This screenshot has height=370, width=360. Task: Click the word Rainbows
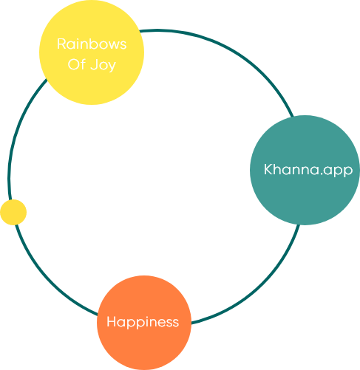point(92,44)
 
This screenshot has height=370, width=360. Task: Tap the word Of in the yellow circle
point(77,64)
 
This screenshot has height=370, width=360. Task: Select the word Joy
point(103,66)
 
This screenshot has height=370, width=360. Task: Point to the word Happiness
point(143,322)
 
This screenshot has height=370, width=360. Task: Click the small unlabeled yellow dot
point(13,212)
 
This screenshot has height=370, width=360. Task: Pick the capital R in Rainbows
point(61,44)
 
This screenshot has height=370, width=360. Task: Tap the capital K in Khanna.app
point(268,169)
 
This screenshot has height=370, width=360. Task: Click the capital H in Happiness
point(112,321)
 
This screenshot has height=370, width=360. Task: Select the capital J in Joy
point(94,64)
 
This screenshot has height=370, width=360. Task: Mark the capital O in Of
point(73,65)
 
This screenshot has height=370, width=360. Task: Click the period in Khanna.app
point(321,174)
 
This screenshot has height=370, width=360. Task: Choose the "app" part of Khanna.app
point(338,171)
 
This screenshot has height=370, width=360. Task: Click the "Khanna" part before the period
point(291,169)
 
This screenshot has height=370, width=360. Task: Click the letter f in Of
point(83,64)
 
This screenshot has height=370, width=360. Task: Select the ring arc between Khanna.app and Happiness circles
point(259,285)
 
